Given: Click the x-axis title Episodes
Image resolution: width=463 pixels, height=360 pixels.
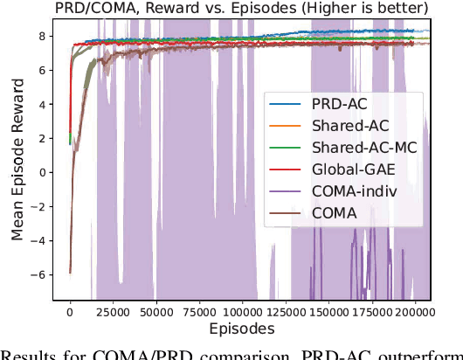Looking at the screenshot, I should tap(241, 329).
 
